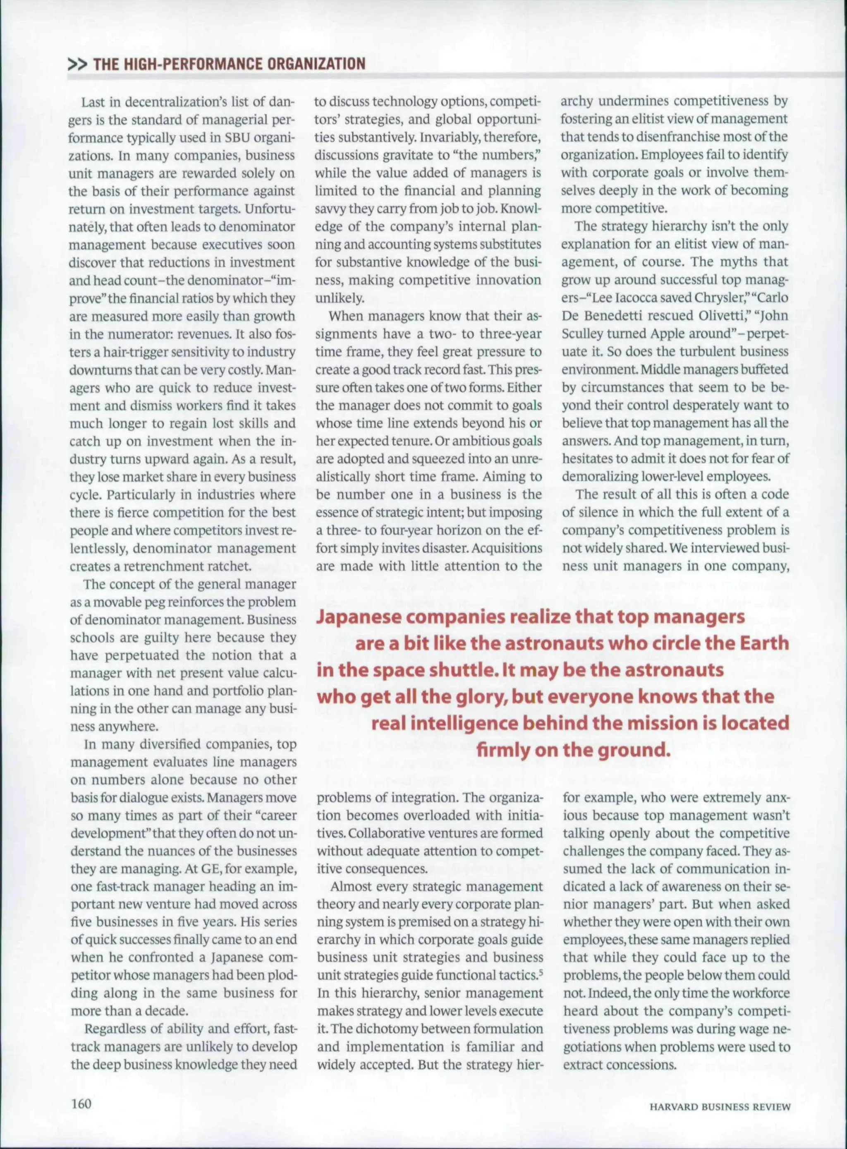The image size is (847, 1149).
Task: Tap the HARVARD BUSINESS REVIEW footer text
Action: click(720, 1103)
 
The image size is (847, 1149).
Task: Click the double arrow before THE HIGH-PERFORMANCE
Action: click(77, 64)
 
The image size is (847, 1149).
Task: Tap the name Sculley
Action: click(582, 334)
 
